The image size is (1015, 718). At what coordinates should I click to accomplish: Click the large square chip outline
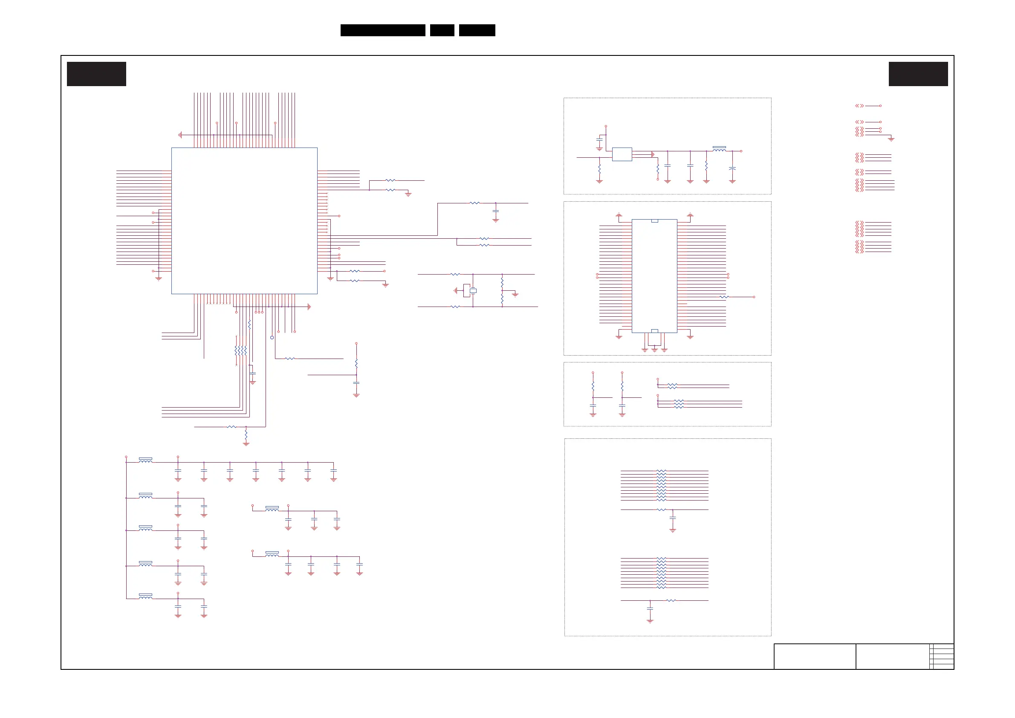(244, 220)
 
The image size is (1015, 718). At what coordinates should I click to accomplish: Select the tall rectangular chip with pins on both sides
(654, 276)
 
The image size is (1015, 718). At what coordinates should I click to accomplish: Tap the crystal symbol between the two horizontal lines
(473, 290)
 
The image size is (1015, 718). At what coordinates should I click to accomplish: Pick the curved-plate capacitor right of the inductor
(732, 168)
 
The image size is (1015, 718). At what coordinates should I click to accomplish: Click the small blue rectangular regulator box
(622, 154)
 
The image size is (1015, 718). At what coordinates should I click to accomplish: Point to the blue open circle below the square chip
(272, 337)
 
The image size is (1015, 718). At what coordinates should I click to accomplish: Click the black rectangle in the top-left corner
(96, 74)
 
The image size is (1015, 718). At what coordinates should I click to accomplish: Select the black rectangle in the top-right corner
(918, 74)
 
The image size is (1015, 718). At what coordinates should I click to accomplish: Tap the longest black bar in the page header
(382, 30)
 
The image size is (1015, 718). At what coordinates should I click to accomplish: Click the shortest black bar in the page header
(442, 30)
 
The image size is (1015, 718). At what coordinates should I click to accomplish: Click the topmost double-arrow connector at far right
(859, 106)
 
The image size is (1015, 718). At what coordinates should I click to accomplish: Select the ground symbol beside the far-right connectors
(891, 139)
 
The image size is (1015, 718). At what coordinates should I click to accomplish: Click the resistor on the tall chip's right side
(723, 297)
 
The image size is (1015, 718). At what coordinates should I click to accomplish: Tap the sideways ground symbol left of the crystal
(455, 290)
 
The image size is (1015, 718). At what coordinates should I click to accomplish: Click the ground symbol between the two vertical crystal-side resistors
(515, 294)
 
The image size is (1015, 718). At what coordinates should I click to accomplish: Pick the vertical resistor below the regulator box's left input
(599, 169)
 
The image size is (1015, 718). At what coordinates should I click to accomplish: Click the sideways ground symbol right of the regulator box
(653, 154)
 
